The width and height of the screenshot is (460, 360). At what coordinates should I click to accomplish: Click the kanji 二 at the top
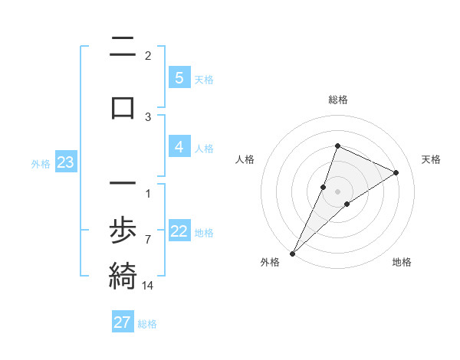click(123, 47)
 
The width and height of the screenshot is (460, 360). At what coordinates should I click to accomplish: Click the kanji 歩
click(123, 229)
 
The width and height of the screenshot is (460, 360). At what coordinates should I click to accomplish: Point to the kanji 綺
click(123, 275)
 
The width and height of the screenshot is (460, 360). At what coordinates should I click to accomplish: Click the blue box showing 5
click(179, 77)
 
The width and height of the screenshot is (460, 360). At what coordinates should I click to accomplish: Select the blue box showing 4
click(179, 147)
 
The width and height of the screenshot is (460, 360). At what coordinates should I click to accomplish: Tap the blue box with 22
click(179, 231)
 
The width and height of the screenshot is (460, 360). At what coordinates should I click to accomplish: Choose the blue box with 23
click(65, 162)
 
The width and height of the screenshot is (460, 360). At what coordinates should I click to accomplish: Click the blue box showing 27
click(123, 322)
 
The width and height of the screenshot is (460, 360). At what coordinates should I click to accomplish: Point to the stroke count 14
click(148, 285)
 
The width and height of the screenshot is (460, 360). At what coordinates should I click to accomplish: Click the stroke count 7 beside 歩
click(148, 239)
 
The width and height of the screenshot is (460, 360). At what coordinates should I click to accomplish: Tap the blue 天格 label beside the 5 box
click(204, 79)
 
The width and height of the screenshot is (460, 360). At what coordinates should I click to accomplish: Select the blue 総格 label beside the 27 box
click(147, 324)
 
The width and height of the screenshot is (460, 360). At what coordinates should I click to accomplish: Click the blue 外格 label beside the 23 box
click(41, 163)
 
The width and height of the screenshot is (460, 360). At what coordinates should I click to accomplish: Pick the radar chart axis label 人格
click(245, 159)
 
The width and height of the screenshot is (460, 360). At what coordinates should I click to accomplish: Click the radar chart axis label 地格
click(402, 262)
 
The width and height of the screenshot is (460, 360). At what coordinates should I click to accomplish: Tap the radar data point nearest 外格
click(292, 253)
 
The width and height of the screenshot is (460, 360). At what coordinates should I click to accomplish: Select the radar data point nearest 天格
click(396, 172)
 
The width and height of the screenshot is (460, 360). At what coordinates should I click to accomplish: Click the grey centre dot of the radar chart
click(337, 191)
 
